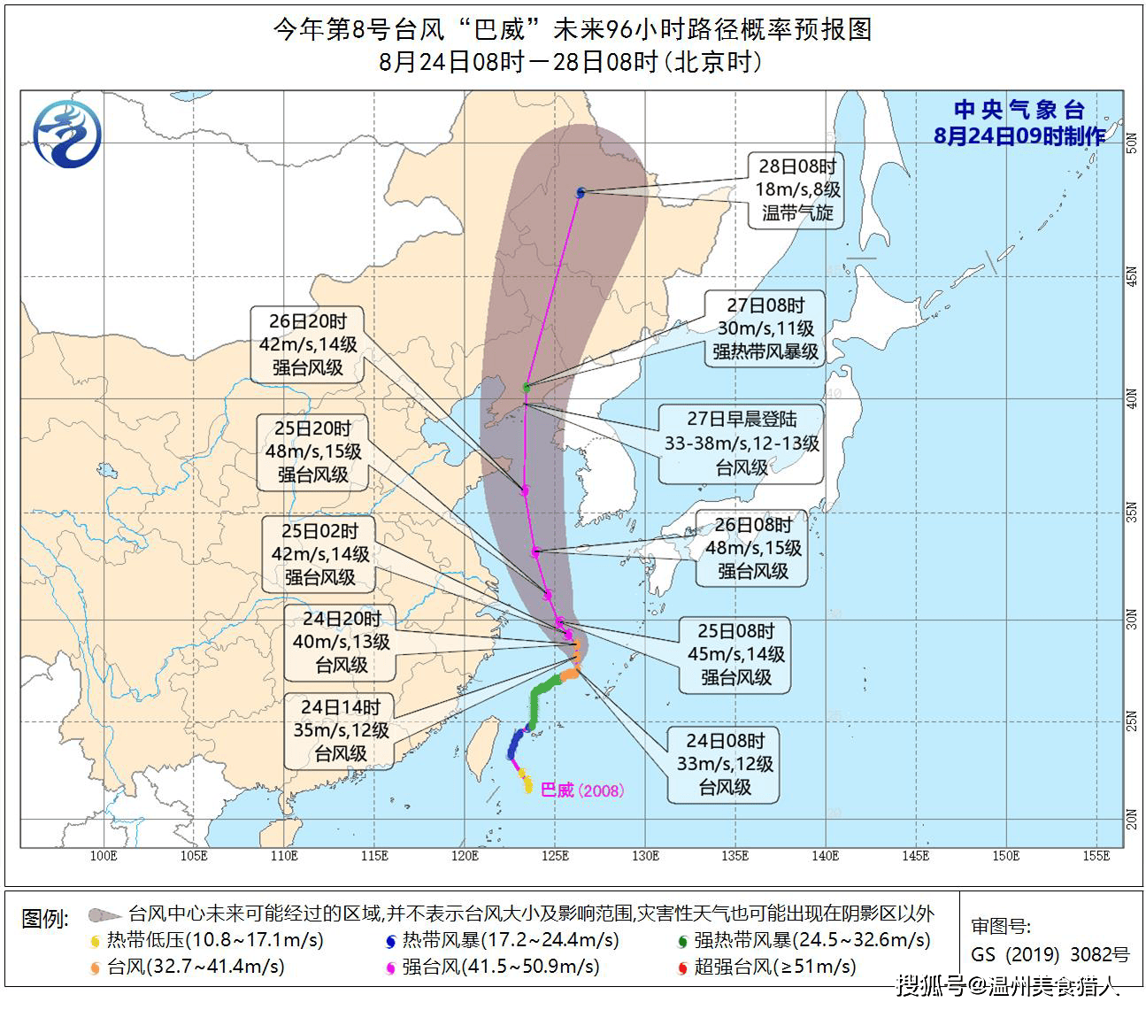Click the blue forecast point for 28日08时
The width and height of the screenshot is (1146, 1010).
click(581, 192)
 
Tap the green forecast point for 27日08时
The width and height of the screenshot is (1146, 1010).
click(527, 387)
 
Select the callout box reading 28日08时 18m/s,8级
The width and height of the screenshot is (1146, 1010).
click(796, 189)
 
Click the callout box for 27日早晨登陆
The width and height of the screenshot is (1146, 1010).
click(742, 443)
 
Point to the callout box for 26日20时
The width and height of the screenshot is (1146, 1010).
click(307, 344)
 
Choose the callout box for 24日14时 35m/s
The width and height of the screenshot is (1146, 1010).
click(341, 730)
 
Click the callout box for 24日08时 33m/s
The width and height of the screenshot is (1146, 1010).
click(724, 764)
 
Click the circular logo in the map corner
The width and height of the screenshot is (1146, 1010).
click(67, 135)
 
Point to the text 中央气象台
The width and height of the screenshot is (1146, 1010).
click(1019, 111)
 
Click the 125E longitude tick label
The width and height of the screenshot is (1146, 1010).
click(555, 856)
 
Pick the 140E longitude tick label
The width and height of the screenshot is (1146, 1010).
click(825, 856)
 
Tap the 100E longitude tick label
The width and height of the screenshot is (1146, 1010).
click(104, 856)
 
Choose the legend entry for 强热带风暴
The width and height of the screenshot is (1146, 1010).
click(802, 939)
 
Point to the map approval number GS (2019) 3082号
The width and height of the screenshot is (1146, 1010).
click(1050, 954)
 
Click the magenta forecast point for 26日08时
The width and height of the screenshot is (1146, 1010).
click(535, 551)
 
